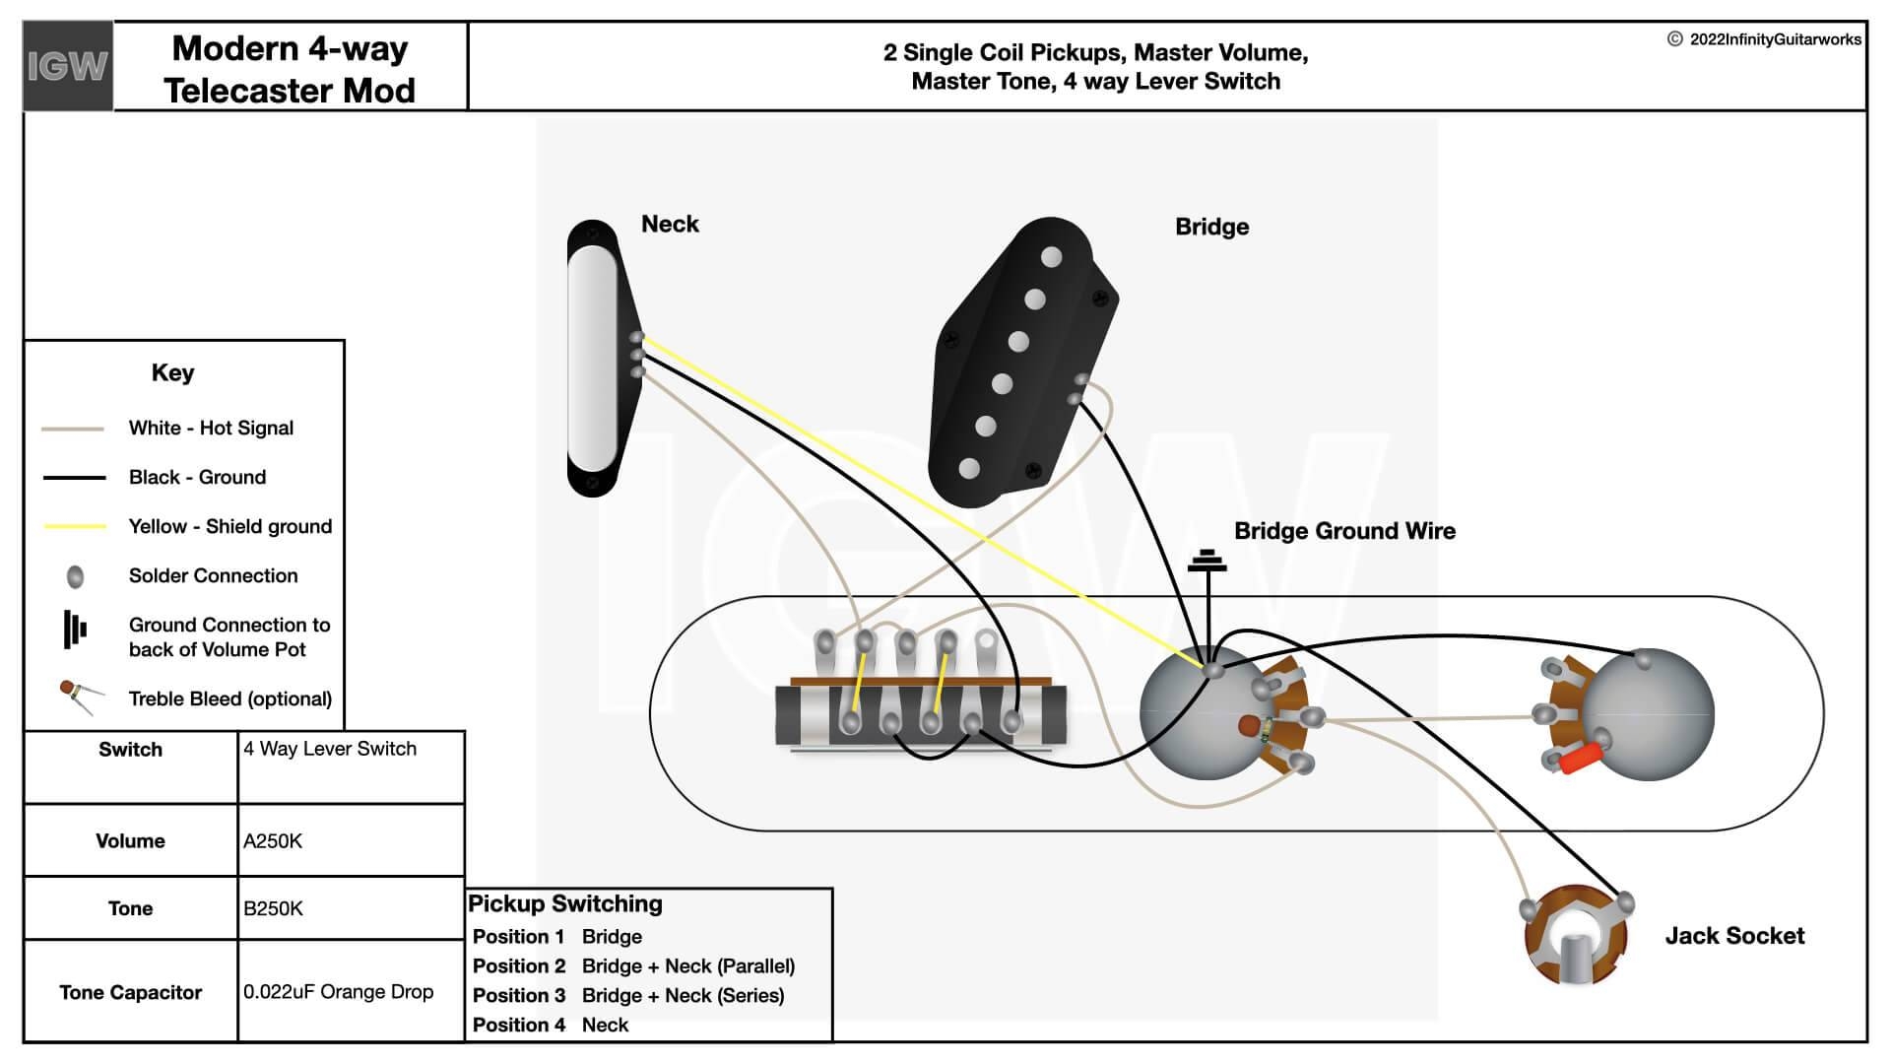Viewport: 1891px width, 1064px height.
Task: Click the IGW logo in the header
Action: coord(67,66)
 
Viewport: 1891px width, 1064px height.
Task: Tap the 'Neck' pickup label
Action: coord(670,225)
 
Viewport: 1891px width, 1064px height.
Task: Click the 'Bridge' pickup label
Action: coord(1211,228)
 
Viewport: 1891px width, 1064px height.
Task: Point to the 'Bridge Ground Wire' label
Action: coord(1344,532)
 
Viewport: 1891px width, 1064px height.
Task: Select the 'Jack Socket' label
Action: coord(1734,936)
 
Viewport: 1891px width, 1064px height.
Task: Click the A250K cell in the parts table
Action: coord(273,841)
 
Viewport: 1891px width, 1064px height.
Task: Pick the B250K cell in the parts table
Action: coord(273,908)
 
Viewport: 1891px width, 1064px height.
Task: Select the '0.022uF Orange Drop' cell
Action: coord(338,992)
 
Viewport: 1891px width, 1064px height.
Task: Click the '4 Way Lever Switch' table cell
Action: coord(330,750)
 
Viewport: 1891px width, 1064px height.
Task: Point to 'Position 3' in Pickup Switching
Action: coord(519,996)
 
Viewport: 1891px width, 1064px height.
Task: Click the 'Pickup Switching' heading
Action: coord(565,904)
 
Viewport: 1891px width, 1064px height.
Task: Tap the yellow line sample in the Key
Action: coord(75,527)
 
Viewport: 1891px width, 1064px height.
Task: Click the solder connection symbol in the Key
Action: coord(75,576)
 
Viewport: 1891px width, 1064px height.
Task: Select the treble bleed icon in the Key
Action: coord(79,696)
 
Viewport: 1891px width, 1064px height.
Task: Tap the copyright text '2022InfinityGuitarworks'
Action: coord(1775,39)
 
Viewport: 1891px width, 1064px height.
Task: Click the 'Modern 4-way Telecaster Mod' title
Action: coord(290,69)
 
